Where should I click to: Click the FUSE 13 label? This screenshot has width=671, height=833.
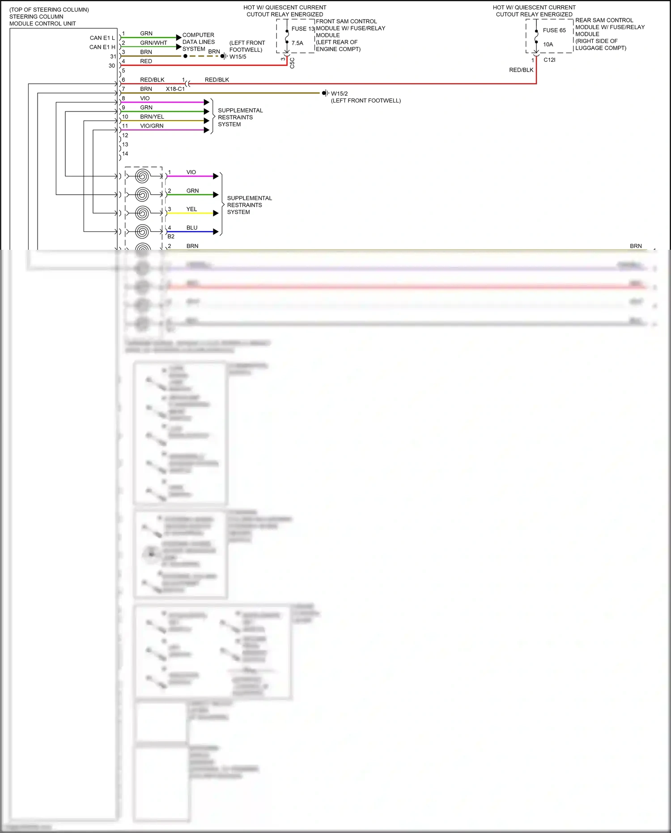pyautogui.click(x=303, y=29)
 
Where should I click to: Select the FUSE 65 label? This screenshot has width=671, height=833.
pyautogui.click(x=554, y=30)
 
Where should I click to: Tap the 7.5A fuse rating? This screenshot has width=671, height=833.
pyautogui.click(x=297, y=43)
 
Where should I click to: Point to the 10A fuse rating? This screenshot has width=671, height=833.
pyautogui.click(x=548, y=44)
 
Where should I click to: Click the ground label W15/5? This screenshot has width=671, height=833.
pyautogui.click(x=238, y=57)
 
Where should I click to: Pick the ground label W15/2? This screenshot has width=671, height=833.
pyautogui.click(x=339, y=94)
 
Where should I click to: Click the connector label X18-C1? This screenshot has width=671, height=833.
pyautogui.click(x=175, y=89)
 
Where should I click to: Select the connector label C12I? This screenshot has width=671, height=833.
pyautogui.click(x=549, y=60)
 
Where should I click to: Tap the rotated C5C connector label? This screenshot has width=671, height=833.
pyautogui.click(x=292, y=63)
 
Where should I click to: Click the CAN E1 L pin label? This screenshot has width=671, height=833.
pyautogui.click(x=102, y=38)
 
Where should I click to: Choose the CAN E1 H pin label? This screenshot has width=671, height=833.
pyautogui.click(x=102, y=47)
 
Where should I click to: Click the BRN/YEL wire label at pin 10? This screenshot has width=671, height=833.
pyautogui.click(x=152, y=117)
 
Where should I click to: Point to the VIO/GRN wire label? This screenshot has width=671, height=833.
pyautogui.click(x=152, y=126)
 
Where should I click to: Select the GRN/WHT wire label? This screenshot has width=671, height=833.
pyautogui.click(x=153, y=43)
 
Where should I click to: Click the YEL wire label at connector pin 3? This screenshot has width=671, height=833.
pyautogui.click(x=191, y=209)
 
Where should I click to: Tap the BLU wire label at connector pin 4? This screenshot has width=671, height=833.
pyautogui.click(x=191, y=228)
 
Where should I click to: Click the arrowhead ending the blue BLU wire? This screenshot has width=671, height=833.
pyautogui.click(x=216, y=232)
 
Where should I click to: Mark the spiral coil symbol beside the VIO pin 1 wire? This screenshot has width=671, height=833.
pyautogui.click(x=142, y=176)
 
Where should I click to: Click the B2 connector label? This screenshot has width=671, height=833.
pyautogui.click(x=171, y=236)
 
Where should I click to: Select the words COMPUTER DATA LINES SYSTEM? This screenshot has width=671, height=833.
pyautogui.click(x=198, y=42)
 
